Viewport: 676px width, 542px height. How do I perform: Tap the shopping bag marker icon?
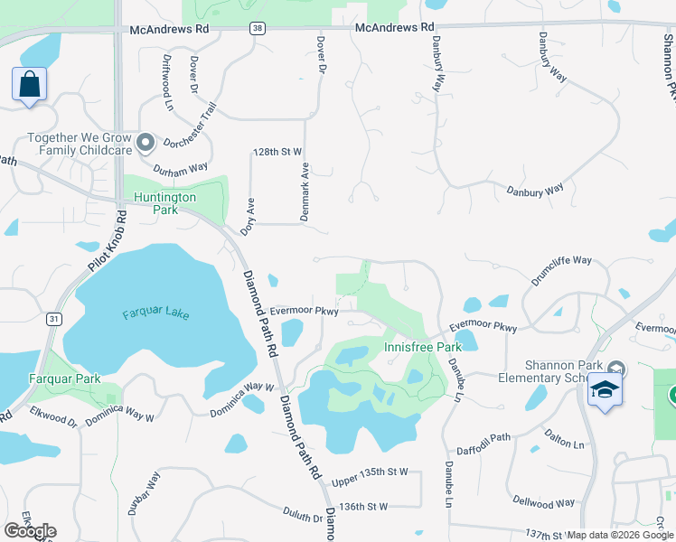[29, 85]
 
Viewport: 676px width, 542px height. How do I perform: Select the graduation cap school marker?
[605, 390]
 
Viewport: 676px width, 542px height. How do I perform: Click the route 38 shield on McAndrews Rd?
[258, 29]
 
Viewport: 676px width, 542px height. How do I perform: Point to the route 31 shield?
[54, 319]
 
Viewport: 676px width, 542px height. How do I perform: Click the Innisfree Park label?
[423, 347]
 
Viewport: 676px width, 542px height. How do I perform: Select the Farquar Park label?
[64, 378]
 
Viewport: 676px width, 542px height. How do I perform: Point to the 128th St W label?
[277, 152]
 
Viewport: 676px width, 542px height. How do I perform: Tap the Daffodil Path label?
[483, 438]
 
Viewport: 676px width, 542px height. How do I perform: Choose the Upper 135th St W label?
[370, 472]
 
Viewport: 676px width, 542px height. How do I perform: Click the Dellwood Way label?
[544, 502]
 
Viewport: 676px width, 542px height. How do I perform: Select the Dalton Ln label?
[565, 440]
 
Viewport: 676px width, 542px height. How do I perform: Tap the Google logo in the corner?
[30, 530]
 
